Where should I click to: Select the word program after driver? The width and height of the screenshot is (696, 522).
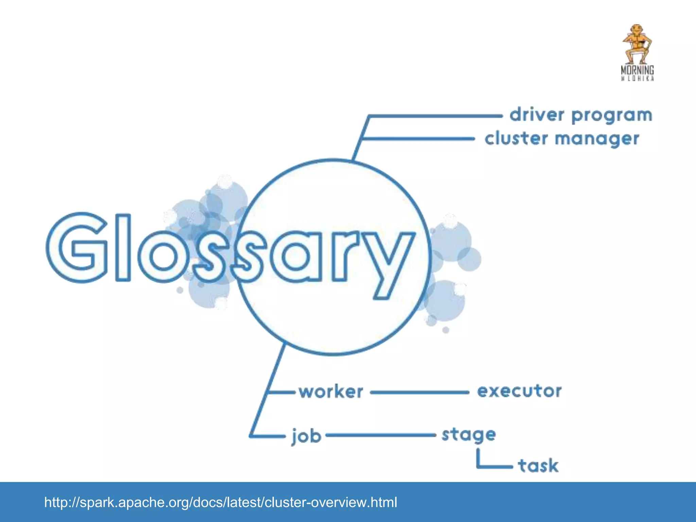click(x=612, y=116)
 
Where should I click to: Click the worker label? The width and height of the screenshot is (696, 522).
click(x=331, y=392)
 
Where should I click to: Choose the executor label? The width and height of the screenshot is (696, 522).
click(x=519, y=391)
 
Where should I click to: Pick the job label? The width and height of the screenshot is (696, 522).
click(x=306, y=436)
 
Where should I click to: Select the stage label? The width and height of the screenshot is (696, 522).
click(x=469, y=435)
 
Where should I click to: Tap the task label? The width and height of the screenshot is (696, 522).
click(x=538, y=465)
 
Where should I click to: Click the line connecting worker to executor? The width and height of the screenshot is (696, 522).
click(x=420, y=393)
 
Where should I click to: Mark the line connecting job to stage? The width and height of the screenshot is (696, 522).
click(x=381, y=435)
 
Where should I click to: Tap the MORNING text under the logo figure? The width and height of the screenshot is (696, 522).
click(x=637, y=70)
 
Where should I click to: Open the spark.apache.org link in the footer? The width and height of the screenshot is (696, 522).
click(x=221, y=502)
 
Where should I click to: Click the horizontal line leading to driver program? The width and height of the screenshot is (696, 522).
click(x=435, y=116)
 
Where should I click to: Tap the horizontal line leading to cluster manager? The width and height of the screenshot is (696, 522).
click(x=418, y=139)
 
